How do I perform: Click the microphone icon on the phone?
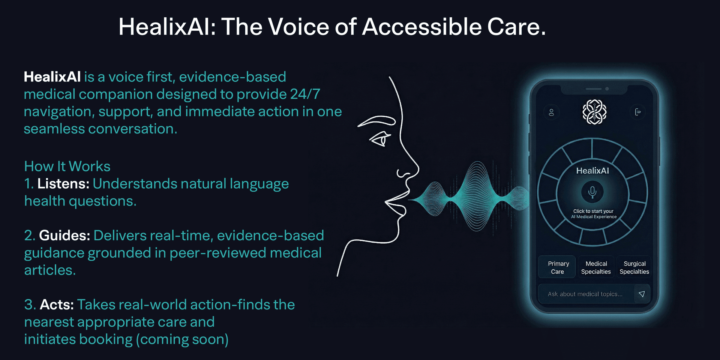click(592, 192)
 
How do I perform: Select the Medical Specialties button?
click(596, 267)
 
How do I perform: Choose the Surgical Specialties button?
click(634, 267)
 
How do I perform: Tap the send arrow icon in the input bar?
click(642, 294)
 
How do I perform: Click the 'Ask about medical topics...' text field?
click(586, 294)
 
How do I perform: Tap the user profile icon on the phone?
click(551, 112)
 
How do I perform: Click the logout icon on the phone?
click(637, 112)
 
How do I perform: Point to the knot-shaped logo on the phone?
click(594, 112)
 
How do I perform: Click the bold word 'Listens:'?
click(63, 184)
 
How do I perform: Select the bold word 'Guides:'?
click(64, 235)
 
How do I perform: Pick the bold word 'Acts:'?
click(57, 304)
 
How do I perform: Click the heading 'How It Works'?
click(67, 166)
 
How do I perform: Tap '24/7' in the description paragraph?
click(305, 94)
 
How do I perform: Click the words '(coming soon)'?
click(182, 340)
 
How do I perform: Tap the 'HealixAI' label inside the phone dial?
click(592, 171)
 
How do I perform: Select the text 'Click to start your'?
click(593, 211)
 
